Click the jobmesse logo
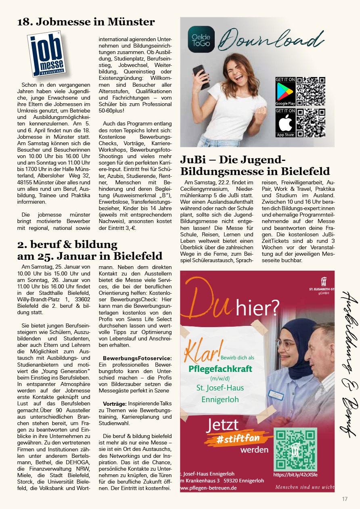(x=46, y=54)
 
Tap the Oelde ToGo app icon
(x=201, y=39)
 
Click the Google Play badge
(x=285, y=91)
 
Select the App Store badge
(x=285, y=123)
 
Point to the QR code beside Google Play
(x=311, y=91)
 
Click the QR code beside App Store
(x=311, y=123)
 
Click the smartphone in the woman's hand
(x=200, y=76)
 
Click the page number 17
(x=344, y=499)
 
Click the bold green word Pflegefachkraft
(x=220, y=369)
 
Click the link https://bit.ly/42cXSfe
(x=298, y=475)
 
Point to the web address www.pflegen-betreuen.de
(x=208, y=488)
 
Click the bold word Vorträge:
(x=115, y=404)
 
